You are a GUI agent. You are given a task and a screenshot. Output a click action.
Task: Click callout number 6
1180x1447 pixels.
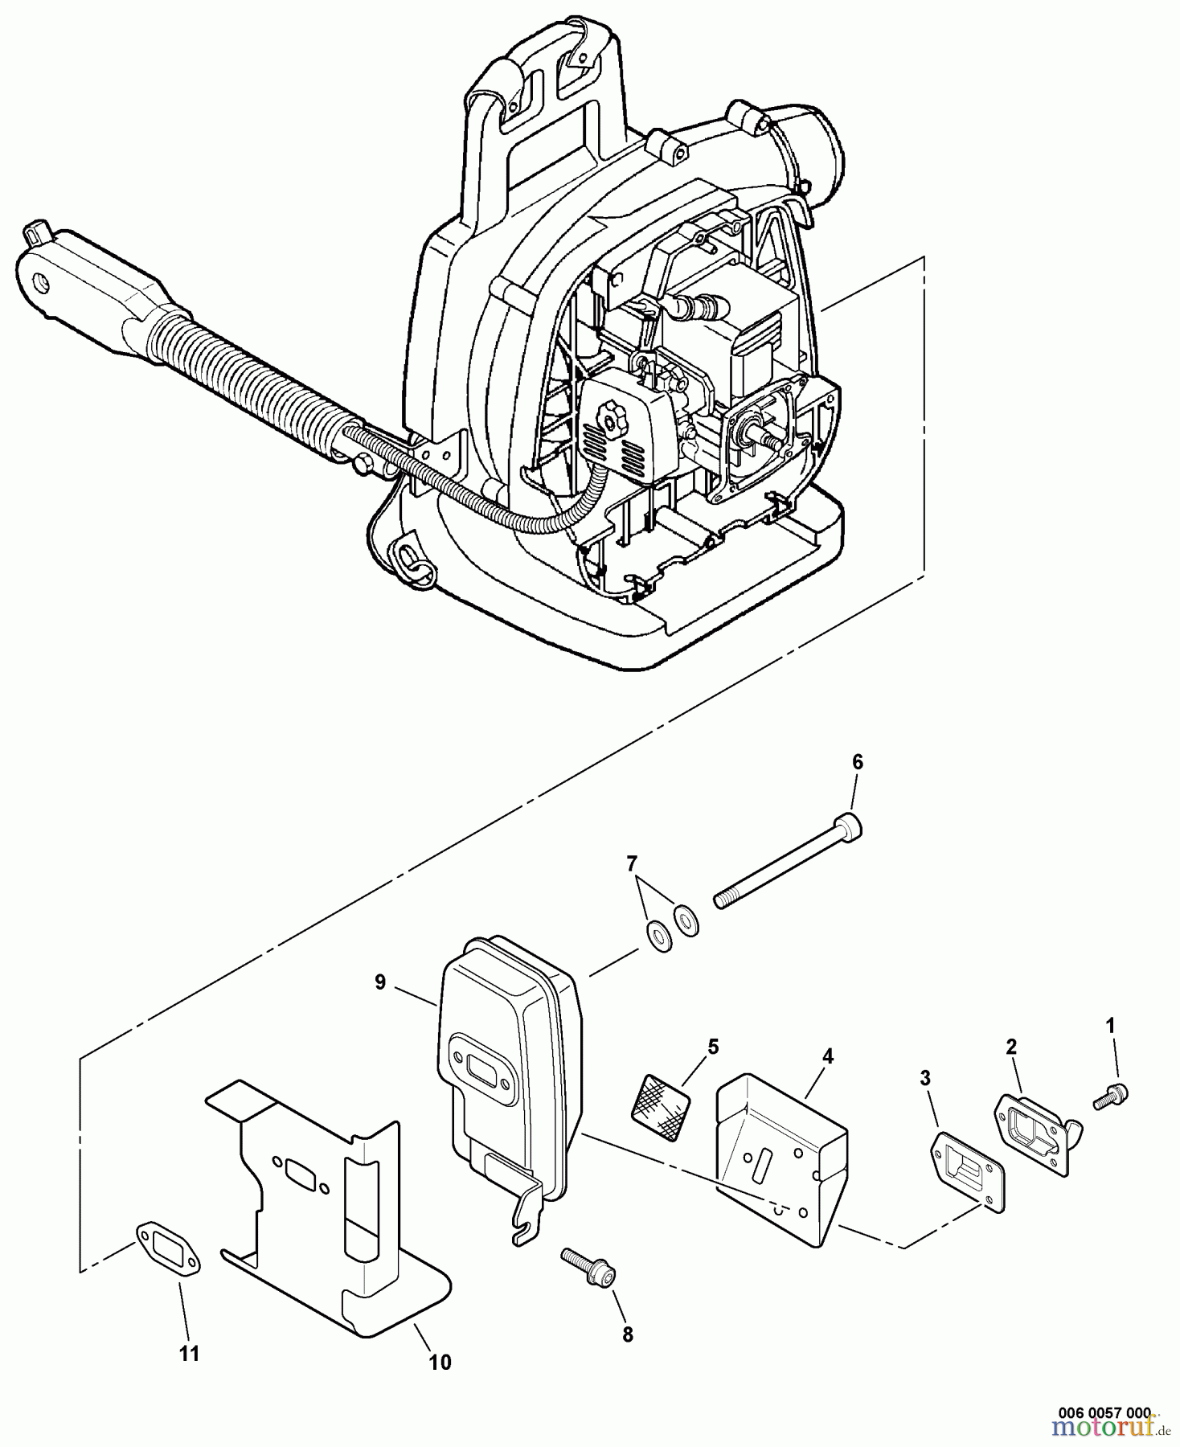pyautogui.click(x=857, y=762)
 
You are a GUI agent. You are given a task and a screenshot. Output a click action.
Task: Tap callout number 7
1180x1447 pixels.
pyautogui.click(x=632, y=863)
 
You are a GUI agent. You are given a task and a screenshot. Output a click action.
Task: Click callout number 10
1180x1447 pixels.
pyautogui.click(x=440, y=1361)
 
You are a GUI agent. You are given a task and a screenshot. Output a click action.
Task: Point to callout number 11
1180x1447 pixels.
pyautogui.click(x=188, y=1354)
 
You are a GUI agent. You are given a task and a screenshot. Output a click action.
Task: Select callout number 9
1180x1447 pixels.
pyautogui.click(x=379, y=982)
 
